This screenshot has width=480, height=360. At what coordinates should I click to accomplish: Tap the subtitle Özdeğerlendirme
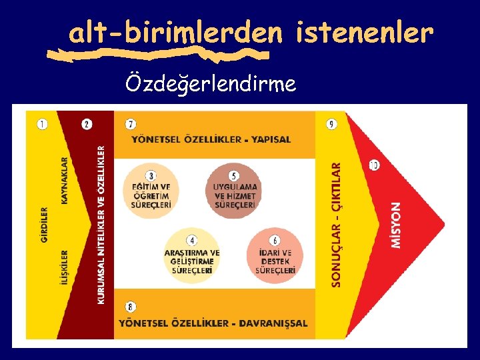pyautogui.click(x=211, y=84)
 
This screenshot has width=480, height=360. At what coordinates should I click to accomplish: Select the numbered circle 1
pyautogui.click(x=43, y=124)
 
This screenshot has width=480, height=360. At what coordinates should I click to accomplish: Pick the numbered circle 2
pyautogui.click(x=87, y=124)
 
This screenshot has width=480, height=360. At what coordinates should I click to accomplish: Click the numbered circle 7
pyautogui.click(x=131, y=124)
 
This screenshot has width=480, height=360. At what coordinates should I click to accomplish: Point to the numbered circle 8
pyautogui.click(x=131, y=307)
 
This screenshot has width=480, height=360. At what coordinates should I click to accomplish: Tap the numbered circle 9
pyautogui.click(x=331, y=124)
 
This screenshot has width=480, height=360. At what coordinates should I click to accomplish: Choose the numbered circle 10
pyautogui.click(x=374, y=165)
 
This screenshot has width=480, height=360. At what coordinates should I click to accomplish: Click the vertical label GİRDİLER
pyautogui.click(x=45, y=225)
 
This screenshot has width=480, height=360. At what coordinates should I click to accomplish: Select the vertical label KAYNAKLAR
pyautogui.click(x=65, y=180)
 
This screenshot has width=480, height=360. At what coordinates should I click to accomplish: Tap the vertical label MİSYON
pyautogui.click(x=396, y=225)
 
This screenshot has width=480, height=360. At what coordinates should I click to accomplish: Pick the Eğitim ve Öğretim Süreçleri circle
pyautogui.click(x=151, y=190)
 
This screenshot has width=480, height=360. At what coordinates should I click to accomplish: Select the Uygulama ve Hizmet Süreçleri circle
pyautogui.click(x=234, y=190)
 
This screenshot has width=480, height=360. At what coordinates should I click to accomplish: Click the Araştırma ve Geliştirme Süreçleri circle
pyautogui.click(x=192, y=256)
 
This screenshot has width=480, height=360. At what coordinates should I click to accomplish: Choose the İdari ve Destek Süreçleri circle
pyautogui.click(x=275, y=256)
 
